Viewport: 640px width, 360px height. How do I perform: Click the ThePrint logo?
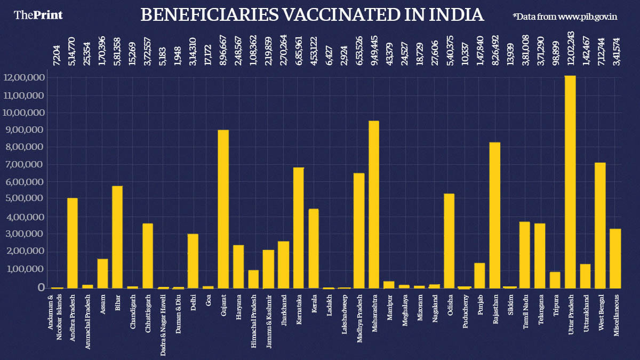38,15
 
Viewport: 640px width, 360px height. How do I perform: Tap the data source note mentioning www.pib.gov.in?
565,17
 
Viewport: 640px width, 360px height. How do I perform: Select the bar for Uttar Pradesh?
570,181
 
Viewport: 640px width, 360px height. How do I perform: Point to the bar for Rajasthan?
495,215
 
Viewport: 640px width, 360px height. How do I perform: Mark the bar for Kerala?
314,249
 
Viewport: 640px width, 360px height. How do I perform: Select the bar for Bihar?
117,237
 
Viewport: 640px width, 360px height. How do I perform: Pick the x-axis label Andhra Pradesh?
72,319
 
